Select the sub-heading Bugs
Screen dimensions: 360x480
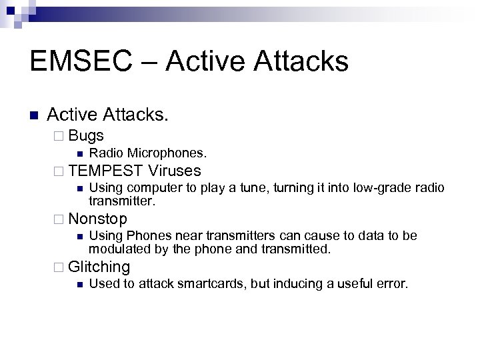pos(86,135)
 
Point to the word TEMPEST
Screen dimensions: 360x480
pos(105,170)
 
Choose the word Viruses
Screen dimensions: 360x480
pos(175,170)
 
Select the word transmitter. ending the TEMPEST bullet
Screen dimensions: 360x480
pos(122,200)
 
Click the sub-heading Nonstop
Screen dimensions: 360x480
pos(97,219)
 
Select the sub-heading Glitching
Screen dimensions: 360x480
pos(99,267)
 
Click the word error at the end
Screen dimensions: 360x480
pos(391,284)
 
